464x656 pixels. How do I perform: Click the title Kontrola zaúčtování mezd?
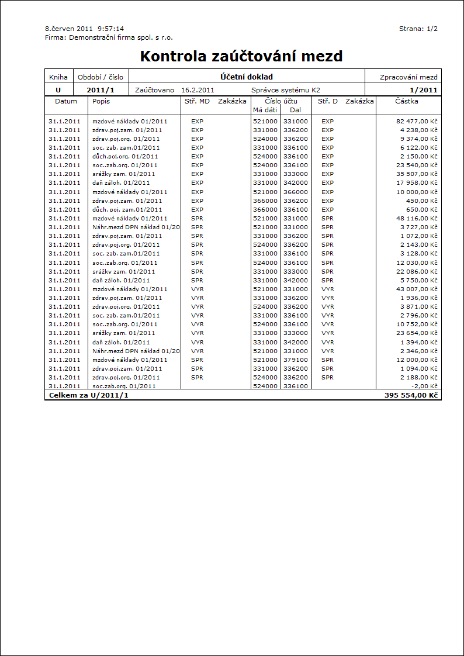point(241,56)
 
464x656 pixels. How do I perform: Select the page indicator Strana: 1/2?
point(418,29)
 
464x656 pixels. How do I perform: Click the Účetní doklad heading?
point(247,77)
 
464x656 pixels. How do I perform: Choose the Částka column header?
point(407,101)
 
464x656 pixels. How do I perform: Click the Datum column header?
point(66,101)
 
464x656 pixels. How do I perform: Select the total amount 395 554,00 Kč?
point(411,396)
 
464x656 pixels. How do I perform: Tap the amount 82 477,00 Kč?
point(417,121)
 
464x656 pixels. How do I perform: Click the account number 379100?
point(295,360)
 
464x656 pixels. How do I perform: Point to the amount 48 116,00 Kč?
point(417,218)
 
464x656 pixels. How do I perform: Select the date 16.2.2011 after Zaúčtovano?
point(198,90)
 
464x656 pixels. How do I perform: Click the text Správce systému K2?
point(286,90)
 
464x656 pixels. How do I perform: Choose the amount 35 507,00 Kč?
point(417,174)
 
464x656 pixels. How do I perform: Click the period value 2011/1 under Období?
point(101,90)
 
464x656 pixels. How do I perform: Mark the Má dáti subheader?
point(265,109)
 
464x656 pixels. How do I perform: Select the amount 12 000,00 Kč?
point(417,360)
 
